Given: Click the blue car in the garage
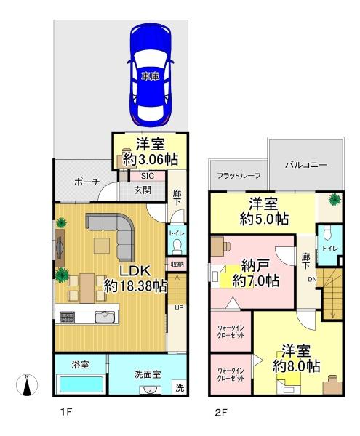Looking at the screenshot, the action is [151, 75].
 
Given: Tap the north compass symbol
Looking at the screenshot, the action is [27, 385].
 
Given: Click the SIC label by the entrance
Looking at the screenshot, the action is [148, 176].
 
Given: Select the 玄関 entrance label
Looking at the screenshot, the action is [143, 190].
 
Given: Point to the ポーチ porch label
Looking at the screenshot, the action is [87, 182].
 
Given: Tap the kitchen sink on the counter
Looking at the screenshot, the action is [105, 317].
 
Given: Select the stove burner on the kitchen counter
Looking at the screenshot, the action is [68, 318].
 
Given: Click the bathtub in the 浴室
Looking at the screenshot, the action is [81, 384].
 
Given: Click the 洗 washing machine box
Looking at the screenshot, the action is [180, 387].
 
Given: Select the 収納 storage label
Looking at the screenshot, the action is [177, 265].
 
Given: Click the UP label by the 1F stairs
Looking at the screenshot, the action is [179, 308].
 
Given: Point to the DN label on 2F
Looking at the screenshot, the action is [312, 280].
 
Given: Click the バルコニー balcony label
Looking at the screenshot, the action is [305, 165].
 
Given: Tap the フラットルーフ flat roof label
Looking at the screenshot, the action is [239, 176].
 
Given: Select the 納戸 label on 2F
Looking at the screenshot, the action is [255, 265].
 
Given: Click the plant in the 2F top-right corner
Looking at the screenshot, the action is [334, 199].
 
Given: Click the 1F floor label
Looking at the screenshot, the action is [66, 412].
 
